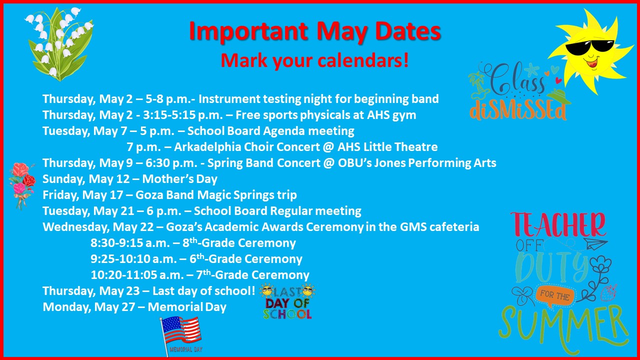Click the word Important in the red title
tap(248, 32)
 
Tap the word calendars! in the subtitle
tap(363, 61)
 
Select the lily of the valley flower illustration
tap(59, 43)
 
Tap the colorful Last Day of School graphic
tap(287, 301)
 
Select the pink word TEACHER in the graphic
tap(557, 225)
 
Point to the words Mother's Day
tap(179, 179)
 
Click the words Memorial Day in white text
tap(187, 307)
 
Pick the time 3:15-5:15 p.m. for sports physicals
tap(183, 115)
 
